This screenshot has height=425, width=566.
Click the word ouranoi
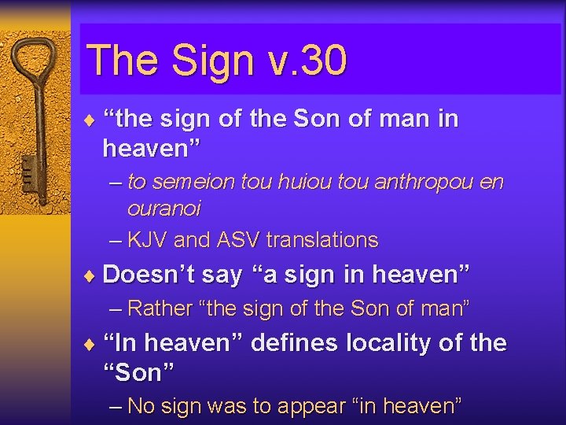(164, 209)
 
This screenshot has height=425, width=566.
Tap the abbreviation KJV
(147, 240)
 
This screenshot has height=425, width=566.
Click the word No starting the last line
(141, 406)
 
